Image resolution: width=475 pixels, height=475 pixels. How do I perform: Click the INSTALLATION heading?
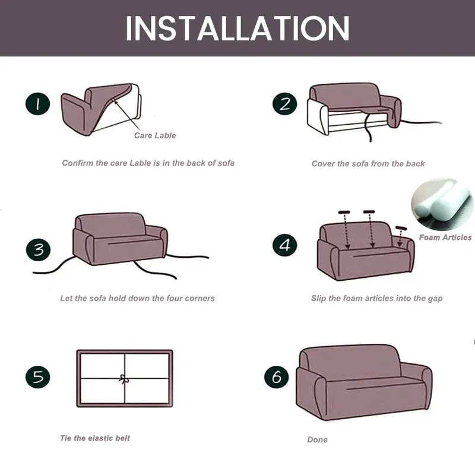click(x=237, y=28)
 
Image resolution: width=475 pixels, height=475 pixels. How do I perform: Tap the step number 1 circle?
click(x=37, y=104)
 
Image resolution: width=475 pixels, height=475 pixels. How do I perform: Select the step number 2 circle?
click(x=284, y=103)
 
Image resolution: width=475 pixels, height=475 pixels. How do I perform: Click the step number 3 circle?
click(x=38, y=250)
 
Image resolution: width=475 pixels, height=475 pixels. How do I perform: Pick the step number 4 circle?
click(x=284, y=245)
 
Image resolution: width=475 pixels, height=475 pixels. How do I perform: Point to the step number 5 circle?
click(x=37, y=377)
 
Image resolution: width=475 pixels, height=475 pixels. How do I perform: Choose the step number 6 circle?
click(x=276, y=377)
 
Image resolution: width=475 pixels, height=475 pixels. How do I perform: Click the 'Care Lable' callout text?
click(x=155, y=135)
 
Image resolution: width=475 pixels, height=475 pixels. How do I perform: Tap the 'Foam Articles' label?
click(x=445, y=237)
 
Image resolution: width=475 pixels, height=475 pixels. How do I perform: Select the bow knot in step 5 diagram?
click(x=123, y=379)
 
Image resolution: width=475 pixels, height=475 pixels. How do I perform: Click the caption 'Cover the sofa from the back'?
click(x=368, y=164)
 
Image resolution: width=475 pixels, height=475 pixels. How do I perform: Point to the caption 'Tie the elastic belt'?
click(x=95, y=438)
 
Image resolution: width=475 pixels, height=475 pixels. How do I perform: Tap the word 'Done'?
click(x=317, y=439)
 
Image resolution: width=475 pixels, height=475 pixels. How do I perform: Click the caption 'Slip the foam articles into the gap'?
click(x=377, y=299)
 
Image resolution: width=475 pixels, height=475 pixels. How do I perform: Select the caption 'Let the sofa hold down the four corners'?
click(x=137, y=299)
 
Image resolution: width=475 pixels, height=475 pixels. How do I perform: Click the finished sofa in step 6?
click(x=364, y=382)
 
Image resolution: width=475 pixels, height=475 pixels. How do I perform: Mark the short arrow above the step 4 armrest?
click(x=400, y=236)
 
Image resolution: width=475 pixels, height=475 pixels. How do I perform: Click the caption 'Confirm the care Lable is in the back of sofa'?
click(x=148, y=163)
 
